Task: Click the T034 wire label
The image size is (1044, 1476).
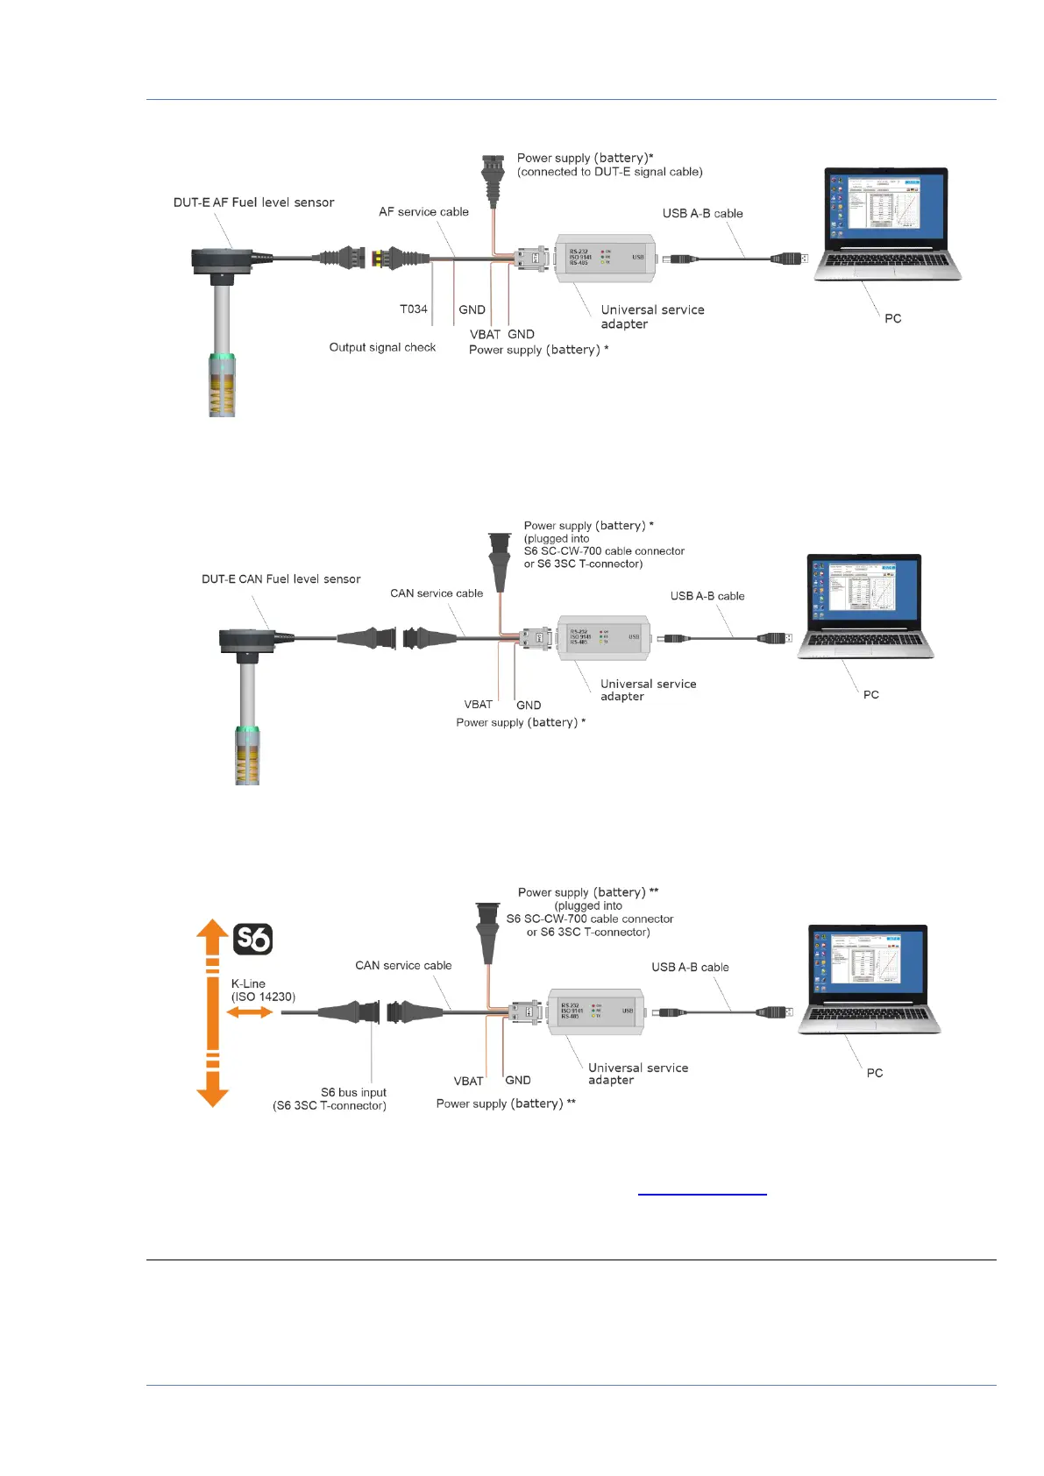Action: (x=414, y=309)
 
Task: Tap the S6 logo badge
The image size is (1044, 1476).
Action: (x=253, y=939)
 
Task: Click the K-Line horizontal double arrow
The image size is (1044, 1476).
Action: (x=250, y=1012)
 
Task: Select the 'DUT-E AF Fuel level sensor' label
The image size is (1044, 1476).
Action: (x=253, y=202)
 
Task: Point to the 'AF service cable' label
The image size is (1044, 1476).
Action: (x=423, y=211)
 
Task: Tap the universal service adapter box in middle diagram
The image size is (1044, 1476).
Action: (x=604, y=637)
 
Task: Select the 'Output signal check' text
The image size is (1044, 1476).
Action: (x=382, y=347)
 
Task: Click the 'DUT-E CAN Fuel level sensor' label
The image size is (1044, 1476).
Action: (x=281, y=579)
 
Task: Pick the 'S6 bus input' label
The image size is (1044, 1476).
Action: (x=353, y=1092)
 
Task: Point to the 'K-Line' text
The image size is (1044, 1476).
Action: (x=248, y=983)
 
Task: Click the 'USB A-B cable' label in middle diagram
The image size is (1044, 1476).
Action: (x=707, y=596)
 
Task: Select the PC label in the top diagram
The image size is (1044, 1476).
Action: (x=892, y=318)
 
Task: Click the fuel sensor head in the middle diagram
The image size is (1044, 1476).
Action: (x=249, y=642)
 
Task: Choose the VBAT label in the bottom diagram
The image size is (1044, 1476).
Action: (x=468, y=1081)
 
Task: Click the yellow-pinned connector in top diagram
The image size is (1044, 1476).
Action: (x=378, y=259)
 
